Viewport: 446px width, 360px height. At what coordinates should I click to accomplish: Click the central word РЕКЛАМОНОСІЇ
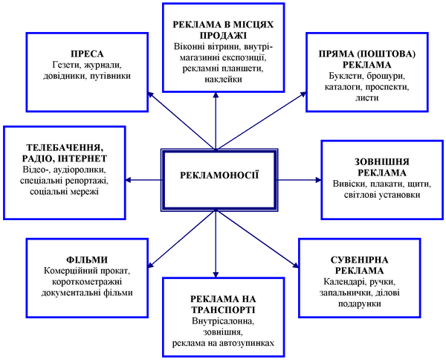(x=219, y=175)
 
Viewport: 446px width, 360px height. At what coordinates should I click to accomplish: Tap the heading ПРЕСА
(x=87, y=54)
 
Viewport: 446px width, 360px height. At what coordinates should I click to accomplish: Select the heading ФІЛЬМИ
(x=87, y=260)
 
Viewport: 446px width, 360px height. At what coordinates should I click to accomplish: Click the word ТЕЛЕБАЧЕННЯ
(x=65, y=147)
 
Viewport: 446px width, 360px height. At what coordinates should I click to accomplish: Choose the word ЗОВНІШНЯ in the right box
(x=382, y=162)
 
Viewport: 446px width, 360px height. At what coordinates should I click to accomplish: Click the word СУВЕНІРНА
(x=360, y=260)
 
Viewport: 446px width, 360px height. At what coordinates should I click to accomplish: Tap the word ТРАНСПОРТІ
(x=223, y=310)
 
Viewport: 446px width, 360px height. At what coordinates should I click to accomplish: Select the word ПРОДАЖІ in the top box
(x=223, y=36)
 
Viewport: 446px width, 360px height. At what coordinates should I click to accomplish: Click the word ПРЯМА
(x=334, y=54)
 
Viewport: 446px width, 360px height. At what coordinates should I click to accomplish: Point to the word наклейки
(x=223, y=79)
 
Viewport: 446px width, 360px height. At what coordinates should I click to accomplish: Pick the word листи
(x=367, y=97)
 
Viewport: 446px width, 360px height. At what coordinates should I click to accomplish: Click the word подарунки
(x=360, y=303)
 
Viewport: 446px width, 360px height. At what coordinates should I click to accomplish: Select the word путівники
(x=110, y=76)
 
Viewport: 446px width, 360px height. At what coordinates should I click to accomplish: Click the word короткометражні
(x=87, y=282)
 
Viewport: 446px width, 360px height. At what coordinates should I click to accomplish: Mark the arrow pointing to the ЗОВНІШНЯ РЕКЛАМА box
(x=299, y=180)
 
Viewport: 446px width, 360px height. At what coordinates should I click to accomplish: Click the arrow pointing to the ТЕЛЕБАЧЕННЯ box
(x=143, y=180)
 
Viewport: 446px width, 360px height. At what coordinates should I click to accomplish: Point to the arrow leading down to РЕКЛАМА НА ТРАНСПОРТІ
(x=216, y=244)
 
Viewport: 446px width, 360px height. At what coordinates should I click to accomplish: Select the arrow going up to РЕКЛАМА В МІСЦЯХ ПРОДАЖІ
(x=216, y=120)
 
